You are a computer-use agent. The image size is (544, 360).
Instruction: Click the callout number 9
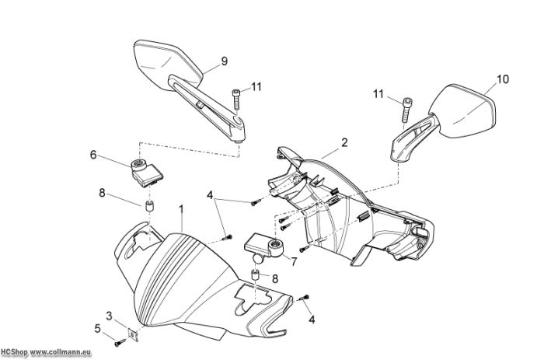225,61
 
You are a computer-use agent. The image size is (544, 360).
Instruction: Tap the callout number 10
503,79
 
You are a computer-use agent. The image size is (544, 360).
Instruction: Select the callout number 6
93,155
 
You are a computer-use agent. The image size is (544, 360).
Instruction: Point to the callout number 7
295,261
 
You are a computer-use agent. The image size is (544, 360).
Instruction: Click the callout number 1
181,209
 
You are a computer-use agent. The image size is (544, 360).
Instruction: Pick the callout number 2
344,142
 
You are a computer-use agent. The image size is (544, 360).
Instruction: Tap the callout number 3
110,316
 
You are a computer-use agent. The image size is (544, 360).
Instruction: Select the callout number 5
97,328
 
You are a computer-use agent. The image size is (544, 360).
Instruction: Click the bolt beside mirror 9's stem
236,99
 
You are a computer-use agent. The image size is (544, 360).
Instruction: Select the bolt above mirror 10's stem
406,110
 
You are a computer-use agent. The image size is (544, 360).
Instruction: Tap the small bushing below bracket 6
149,206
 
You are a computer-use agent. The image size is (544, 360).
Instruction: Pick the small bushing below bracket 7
256,276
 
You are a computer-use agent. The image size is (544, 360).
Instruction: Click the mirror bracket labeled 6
146,173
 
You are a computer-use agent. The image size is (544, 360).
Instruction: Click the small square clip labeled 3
133,335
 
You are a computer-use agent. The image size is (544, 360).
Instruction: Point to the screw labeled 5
120,344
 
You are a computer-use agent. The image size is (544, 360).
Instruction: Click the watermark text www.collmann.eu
61,353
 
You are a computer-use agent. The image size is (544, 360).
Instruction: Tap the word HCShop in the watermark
14,353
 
